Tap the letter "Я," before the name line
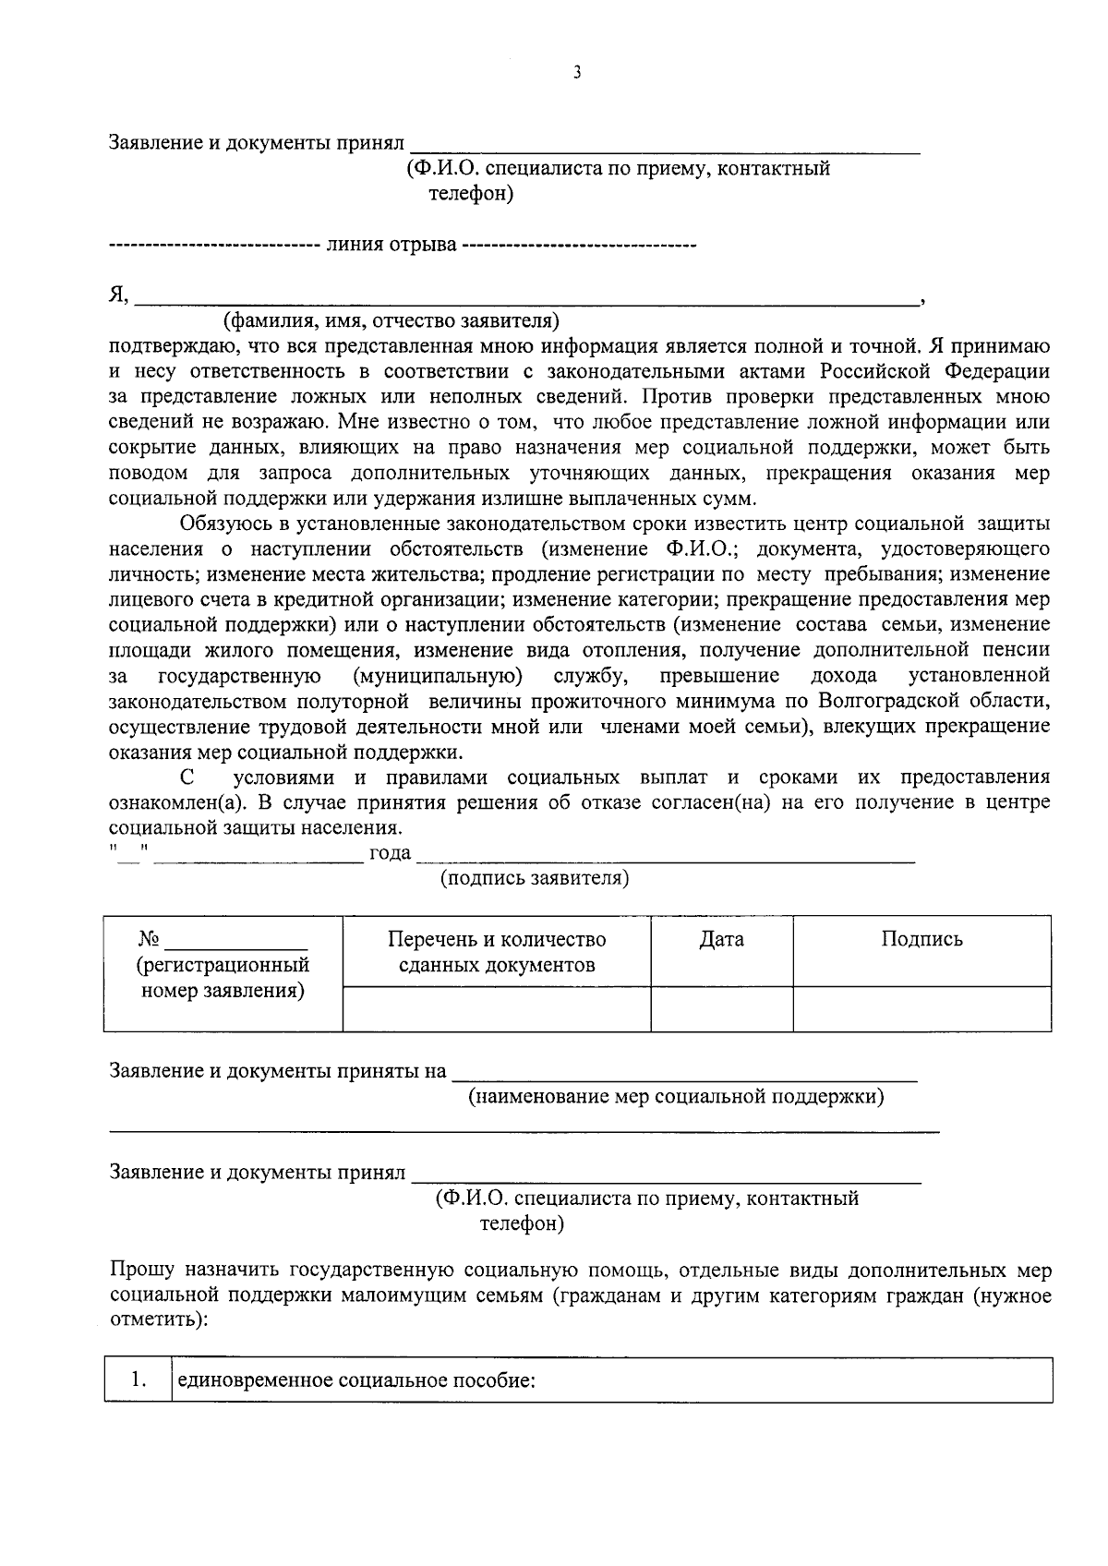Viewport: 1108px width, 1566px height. pyautogui.click(x=118, y=295)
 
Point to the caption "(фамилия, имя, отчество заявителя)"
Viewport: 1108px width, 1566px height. pyautogui.click(x=391, y=321)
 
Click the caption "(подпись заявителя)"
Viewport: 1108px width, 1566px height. pyautogui.click(x=534, y=877)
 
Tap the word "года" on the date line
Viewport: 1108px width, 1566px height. pyautogui.click(x=390, y=853)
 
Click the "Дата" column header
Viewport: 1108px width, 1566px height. pyautogui.click(x=721, y=940)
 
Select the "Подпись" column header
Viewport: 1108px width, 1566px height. pyautogui.click(x=921, y=940)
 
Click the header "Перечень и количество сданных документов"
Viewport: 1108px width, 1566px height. pyautogui.click(x=497, y=952)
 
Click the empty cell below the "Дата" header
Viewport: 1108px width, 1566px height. pyautogui.click(x=721, y=1008)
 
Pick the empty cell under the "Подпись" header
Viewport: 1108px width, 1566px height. pyautogui.click(x=921, y=1008)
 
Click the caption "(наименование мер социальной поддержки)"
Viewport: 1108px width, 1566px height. pyautogui.click(x=676, y=1097)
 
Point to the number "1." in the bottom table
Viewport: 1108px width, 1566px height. pyautogui.click(x=138, y=1380)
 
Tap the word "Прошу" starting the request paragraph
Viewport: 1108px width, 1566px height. pyautogui.click(x=139, y=1271)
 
